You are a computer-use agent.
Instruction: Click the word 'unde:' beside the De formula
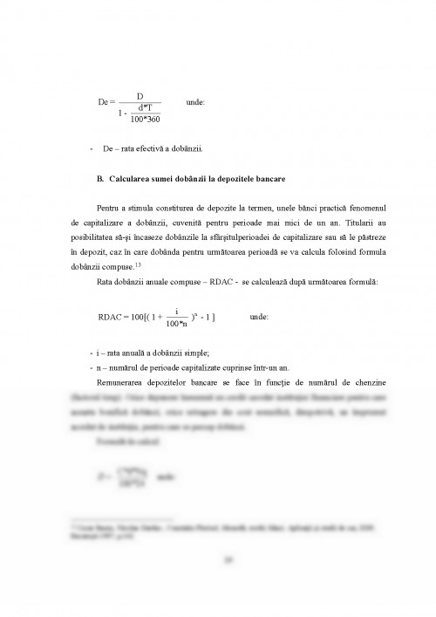coord(196,102)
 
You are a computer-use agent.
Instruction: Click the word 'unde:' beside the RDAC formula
coord(259,318)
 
